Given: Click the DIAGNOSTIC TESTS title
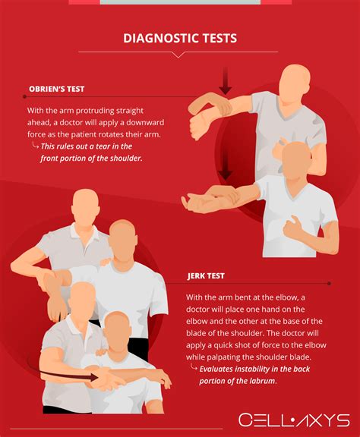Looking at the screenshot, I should [x=179, y=37].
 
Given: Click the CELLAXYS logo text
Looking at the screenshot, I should [x=293, y=420].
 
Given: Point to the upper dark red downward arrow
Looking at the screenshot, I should [x=225, y=81].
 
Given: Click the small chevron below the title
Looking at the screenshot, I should [x=179, y=55].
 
